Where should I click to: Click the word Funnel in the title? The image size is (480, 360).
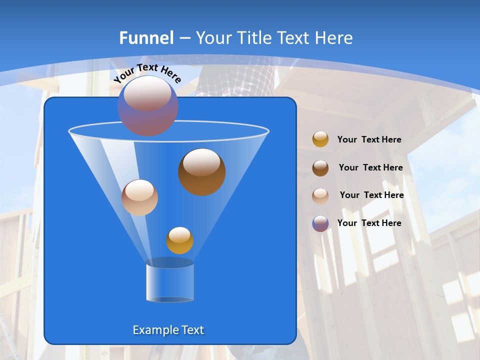tap(146, 37)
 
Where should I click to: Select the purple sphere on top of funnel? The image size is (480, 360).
tap(147, 106)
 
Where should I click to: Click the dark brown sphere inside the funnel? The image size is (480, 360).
tap(201, 171)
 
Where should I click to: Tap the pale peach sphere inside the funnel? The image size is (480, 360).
tap(139, 197)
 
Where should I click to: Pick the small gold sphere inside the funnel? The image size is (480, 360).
tap(179, 240)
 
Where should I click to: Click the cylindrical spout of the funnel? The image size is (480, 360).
tap(170, 282)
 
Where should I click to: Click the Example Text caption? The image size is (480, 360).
tap(168, 330)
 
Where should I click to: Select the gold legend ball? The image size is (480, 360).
tap(320, 139)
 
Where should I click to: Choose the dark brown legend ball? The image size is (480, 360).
tap(320, 168)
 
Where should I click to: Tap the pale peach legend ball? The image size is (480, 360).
tap(320, 195)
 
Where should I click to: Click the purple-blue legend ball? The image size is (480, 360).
tap(320, 223)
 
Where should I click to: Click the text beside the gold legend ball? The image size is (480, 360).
tap(369, 139)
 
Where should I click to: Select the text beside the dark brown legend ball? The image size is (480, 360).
tap(370, 167)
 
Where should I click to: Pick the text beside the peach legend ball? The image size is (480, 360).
tap(371, 195)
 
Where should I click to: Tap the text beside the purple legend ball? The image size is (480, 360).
tap(369, 223)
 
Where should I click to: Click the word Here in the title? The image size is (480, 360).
tap(335, 37)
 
